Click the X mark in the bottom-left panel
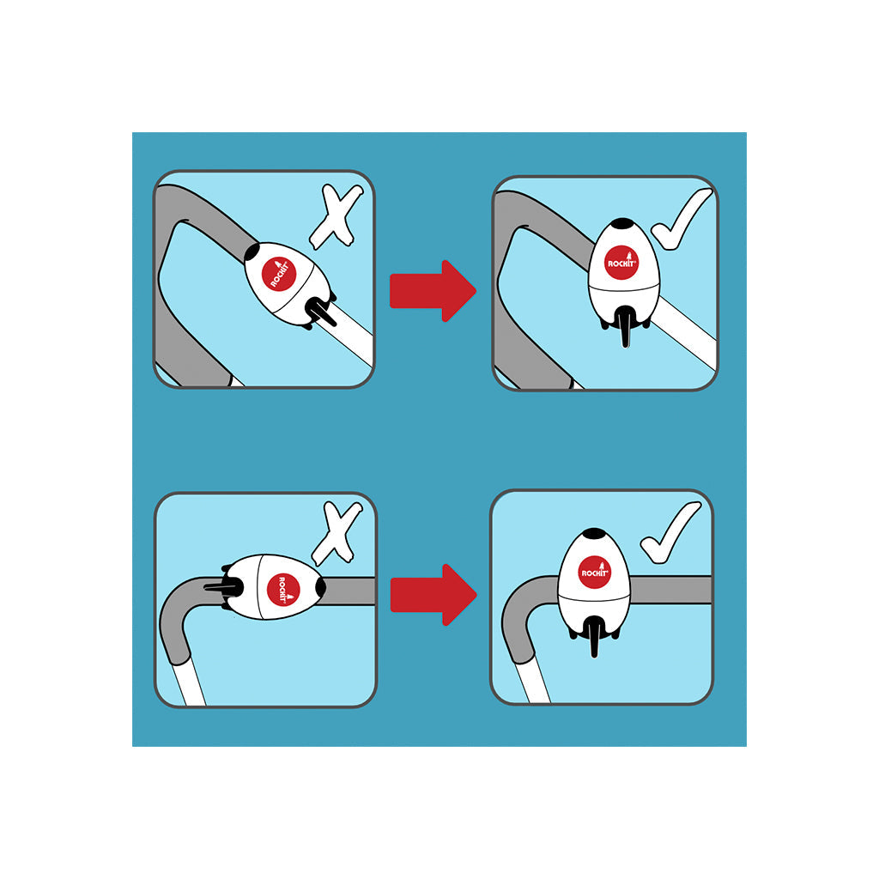[336, 533]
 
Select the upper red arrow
[433, 290]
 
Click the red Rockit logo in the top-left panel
[279, 274]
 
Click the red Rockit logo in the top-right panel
[621, 262]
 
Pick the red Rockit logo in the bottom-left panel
[283, 589]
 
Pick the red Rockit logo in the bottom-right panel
[595, 572]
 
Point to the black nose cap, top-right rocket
[622, 223]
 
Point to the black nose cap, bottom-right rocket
[594, 533]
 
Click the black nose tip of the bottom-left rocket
[321, 586]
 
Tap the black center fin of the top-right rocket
[625, 327]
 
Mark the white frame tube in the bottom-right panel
[532, 678]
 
